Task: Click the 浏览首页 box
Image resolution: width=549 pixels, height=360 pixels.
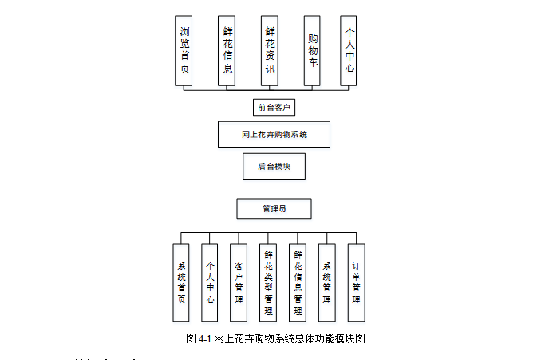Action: tap(184, 50)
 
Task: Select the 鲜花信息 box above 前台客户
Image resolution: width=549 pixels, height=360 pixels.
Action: tap(227, 50)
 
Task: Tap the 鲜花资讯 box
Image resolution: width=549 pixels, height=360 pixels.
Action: tap(271, 50)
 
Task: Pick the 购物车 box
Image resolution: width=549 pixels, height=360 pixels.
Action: tap(313, 50)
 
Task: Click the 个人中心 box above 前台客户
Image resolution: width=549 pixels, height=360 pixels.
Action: tap(349, 50)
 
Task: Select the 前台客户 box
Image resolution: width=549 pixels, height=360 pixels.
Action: tap(274, 106)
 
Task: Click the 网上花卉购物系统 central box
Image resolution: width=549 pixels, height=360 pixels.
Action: tap(274, 135)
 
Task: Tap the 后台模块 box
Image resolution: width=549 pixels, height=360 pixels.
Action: tap(274, 167)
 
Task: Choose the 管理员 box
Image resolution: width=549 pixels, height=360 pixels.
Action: tap(274, 208)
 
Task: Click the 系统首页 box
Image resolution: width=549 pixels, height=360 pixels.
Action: tap(181, 283)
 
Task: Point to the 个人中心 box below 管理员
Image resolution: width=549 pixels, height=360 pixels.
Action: tap(210, 283)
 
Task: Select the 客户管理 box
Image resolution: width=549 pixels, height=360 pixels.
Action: tap(239, 283)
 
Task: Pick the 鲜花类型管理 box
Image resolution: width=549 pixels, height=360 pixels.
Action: tap(268, 283)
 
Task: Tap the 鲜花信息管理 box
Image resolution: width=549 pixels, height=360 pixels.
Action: tap(298, 283)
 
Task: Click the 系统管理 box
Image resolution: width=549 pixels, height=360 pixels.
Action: tap(327, 283)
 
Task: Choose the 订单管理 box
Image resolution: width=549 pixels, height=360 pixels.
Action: tap(357, 283)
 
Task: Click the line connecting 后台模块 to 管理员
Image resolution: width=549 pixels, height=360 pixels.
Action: tap(274, 189)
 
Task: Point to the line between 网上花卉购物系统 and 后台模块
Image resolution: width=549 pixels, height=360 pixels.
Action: tap(274, 151)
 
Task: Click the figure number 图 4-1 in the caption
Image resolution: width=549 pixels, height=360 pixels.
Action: tap(198, 338)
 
